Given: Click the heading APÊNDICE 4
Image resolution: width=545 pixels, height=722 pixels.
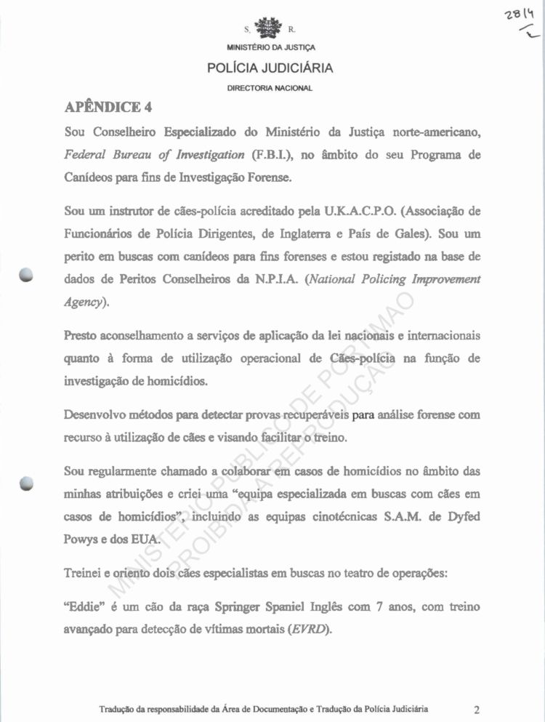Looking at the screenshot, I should pos(108,108).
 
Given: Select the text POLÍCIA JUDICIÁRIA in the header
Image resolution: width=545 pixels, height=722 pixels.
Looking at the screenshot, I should pos(270,69).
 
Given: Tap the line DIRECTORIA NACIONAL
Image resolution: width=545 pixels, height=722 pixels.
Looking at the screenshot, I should pos(270,88).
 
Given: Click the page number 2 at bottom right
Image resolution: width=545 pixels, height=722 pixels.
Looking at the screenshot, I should pos(476,709).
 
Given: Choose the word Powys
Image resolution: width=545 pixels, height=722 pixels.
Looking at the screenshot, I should pos(84,540).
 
